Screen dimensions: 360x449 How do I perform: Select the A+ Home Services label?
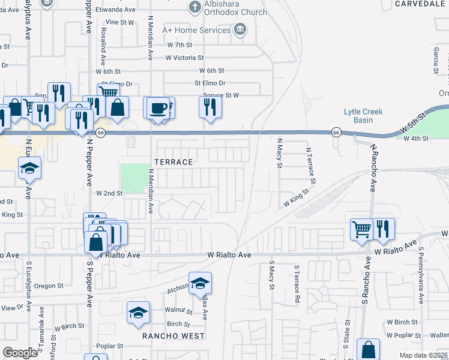tap(196, 29)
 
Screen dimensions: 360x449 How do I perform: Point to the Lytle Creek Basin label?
tap(363, 115)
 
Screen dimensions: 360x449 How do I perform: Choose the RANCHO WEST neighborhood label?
tap(173, 336)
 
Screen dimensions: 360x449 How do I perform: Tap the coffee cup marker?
tap(158, 108)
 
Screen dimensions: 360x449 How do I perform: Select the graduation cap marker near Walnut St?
tap(138, 313)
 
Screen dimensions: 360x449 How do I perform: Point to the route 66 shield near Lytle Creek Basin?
tap(336, 132)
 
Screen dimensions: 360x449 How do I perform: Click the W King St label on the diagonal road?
tap(295, 199)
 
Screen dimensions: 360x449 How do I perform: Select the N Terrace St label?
tap(312, 166)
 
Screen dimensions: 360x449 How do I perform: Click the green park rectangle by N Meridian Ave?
tap(135, 178)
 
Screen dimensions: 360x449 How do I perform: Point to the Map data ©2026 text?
tap(423, 355)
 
